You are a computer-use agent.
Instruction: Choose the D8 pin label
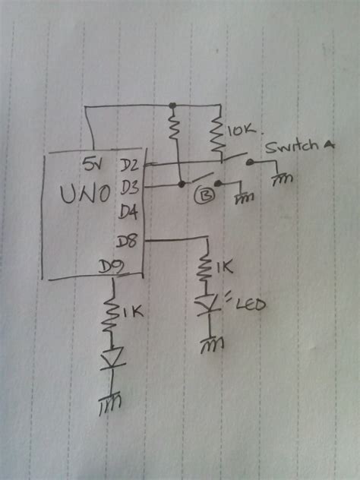(x=128, y=242)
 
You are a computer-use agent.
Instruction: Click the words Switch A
(x=298, y=149)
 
